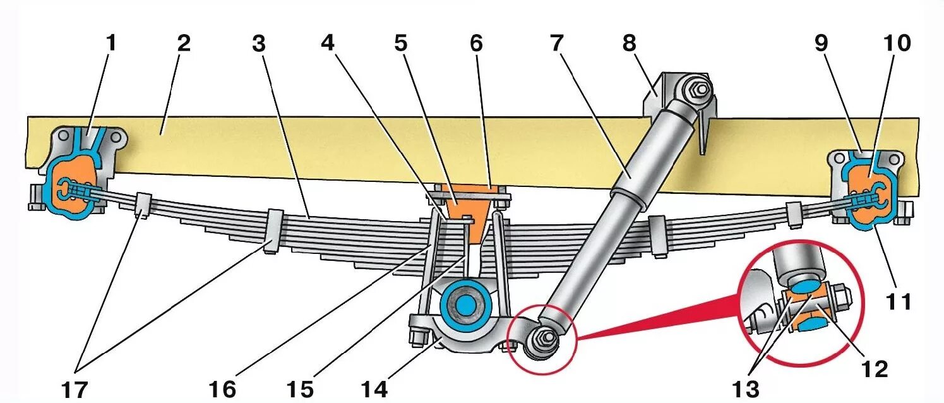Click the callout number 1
pos(111,44)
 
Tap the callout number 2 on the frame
pos(183,44)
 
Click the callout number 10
pos(897,44)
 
